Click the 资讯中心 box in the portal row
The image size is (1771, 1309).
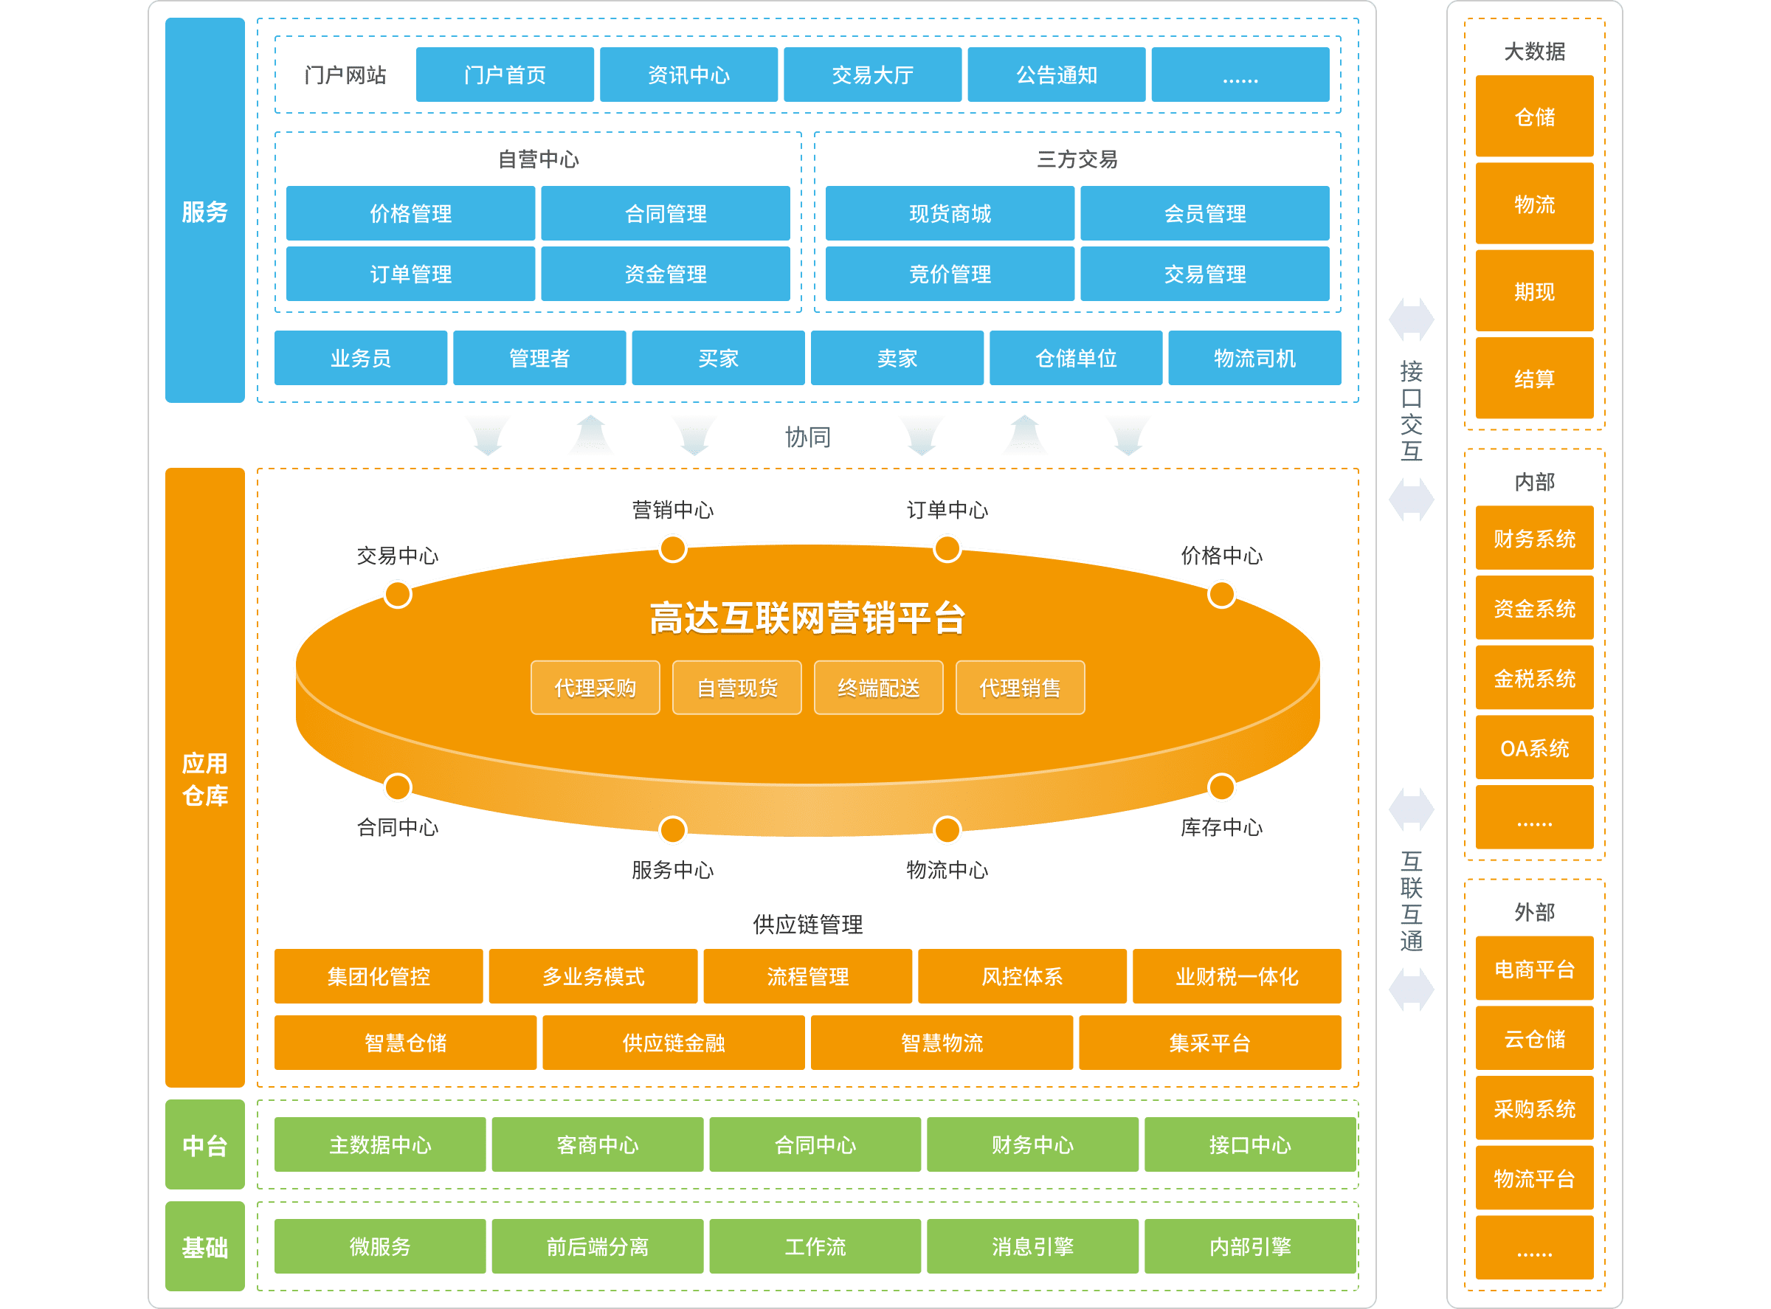click(x=688, y=75)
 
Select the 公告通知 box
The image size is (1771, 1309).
click(x=1055, y=75)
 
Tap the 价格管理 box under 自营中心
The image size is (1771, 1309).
click(x=410, y=213)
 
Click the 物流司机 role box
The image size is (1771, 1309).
click(x=1254, y=358)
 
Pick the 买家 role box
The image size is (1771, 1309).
click(x=718, y=358)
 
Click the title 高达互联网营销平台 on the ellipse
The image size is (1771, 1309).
click(x=807, y=618)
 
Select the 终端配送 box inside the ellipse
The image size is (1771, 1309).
click(x=878, y=688)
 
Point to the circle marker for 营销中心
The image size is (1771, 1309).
click(x=673, y=548)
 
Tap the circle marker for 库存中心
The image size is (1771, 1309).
click(x=1221, y=787)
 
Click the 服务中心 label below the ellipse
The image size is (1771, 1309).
click(x=672, y=870)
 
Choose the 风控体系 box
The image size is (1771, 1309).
click(x=1021, y=976)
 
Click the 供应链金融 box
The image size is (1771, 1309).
click(x=674, y=1043)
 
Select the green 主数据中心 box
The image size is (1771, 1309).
click(x=379, y=1144)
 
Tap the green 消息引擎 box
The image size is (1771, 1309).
click(x=1032, y=1246)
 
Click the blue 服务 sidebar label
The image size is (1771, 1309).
click(x=204, y=211)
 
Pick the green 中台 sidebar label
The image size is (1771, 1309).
click(x=204, y=1144)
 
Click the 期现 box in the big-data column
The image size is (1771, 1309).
click(x=1534, y=291)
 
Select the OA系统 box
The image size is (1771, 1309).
click(x=1534, y=747)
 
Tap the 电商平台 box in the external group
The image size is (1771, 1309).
click(x=1534, y=968)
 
